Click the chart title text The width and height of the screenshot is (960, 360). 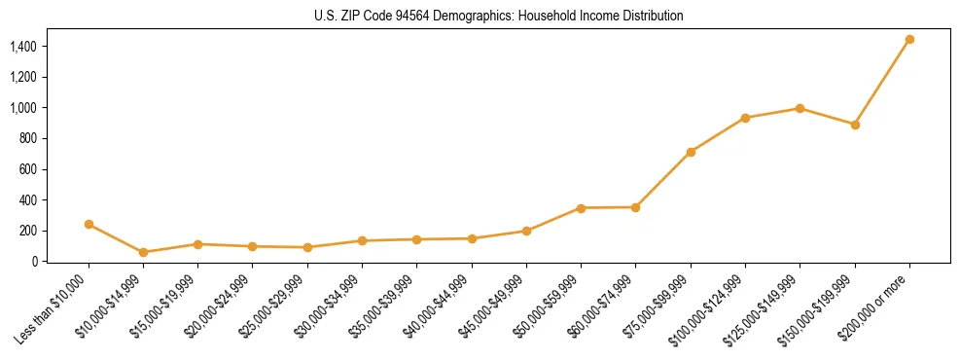[x=499, y=17]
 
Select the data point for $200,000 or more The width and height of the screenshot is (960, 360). [x=909, y=40]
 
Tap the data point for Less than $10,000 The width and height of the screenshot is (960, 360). [x=89, y=224]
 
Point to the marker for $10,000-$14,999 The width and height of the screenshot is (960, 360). [x=143, y=252]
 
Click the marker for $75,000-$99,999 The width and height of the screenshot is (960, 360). [x=691, y=152]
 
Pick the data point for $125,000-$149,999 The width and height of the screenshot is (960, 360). [x=800, y=108]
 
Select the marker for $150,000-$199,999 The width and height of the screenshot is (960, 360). [x=855, y=125]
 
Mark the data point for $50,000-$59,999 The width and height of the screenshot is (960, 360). [x=581, y=208]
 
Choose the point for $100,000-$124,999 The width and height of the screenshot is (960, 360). [x=745, y=118]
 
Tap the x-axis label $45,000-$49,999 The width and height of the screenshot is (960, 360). [x=490, y=308]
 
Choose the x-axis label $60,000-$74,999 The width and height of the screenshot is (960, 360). [x=599, y=308]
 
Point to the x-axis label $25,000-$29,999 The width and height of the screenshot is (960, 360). [x=271, y=308]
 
